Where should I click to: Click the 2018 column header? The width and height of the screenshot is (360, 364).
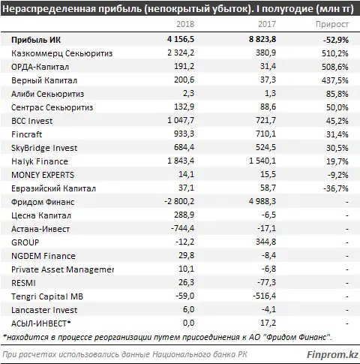point(185,24)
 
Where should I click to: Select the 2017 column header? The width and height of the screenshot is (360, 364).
point(267,24)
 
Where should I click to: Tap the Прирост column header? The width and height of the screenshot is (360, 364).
point(332,24)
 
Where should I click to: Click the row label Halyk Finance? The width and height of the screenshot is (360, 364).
point(40,161)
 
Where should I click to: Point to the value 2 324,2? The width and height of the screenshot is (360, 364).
point(181,53)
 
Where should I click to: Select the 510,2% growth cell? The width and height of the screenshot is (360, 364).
point(335,53)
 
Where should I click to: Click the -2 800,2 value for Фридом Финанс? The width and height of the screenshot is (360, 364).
point(179,201)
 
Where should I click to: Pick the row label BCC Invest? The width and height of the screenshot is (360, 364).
point(32,121)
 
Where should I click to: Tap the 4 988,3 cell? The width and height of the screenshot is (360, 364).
point(262,201)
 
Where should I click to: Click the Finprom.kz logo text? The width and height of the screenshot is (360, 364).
point(332,354)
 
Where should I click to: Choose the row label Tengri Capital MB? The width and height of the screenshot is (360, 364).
point(47,296)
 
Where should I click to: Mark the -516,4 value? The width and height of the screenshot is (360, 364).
point(265,296)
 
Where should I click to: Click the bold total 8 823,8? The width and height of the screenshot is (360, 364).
point(262,39)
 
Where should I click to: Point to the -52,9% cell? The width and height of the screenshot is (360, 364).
point(336,40)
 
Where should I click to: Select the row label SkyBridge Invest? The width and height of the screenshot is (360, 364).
point(44,148)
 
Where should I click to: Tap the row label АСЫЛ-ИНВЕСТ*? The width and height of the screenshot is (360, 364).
point(41,323)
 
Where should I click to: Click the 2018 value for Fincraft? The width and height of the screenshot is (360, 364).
point(184,134)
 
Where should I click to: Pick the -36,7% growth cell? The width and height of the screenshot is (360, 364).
point(336,188)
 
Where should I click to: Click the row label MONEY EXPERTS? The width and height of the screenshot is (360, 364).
point(43,175)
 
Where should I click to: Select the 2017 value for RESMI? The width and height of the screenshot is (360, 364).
point(267,282)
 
